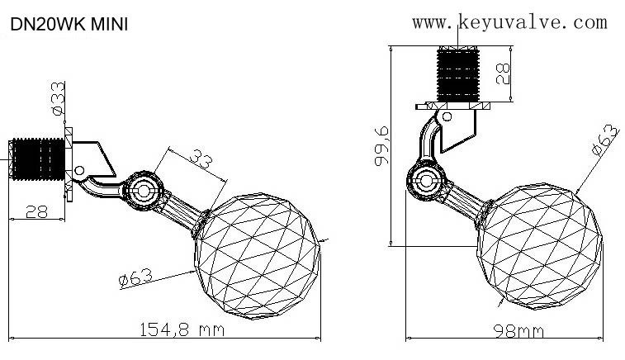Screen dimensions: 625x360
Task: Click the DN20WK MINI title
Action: pos(69,24)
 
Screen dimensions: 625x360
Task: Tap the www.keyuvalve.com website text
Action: pos(509,22)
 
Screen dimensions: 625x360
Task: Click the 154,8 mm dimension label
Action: pos(182,329)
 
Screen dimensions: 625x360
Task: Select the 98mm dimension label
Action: pos(518,331)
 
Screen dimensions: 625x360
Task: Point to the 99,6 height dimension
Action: pos(381,145)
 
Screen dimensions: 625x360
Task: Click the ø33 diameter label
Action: pos(58,98)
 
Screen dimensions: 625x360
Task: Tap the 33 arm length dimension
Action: pos(201,159)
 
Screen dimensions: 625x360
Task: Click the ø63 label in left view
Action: pos(136,277)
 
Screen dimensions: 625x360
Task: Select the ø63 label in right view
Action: pos(605,140)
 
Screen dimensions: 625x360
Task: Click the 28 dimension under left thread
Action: pos(36,211)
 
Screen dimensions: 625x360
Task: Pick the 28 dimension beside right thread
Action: pos(503,73)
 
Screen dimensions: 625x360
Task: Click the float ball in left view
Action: pos(258,256)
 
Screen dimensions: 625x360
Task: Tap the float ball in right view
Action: pos(539,246)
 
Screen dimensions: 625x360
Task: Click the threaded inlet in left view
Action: pos(39,159)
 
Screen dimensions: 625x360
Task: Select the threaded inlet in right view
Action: pos(458,74)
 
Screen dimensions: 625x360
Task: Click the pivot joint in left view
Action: pos(143,191)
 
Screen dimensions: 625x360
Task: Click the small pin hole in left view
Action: pos(79,171)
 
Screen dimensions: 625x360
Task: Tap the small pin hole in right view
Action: pos(447,116)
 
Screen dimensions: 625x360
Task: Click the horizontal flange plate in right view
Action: pos(452,106)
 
